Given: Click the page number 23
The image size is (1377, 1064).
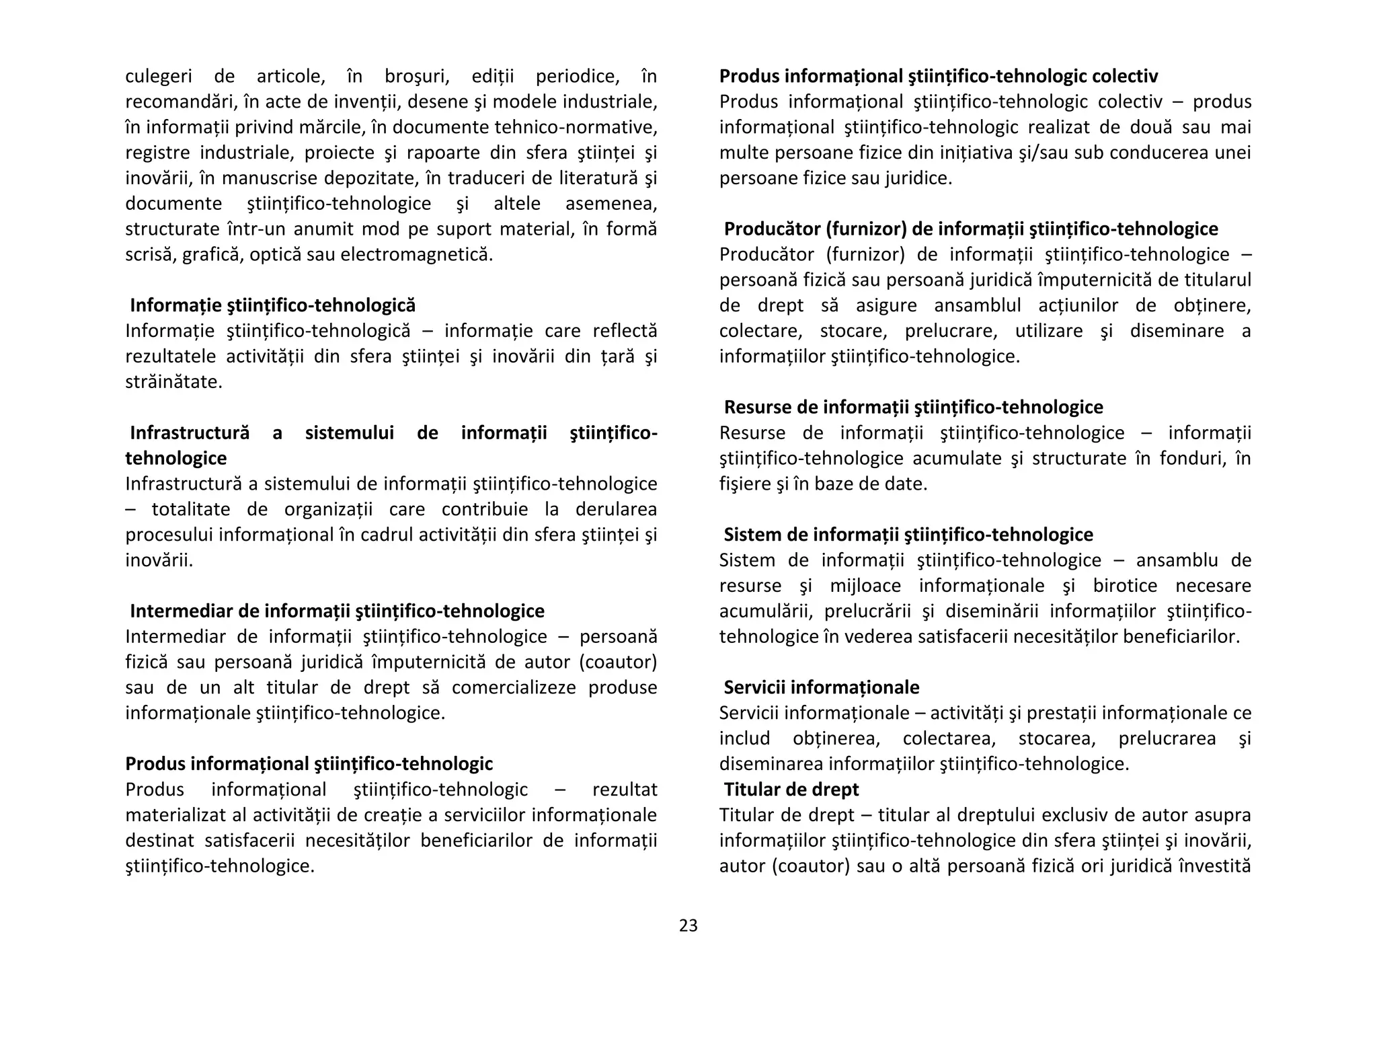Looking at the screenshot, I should pyautogui.click(x=688, y=925).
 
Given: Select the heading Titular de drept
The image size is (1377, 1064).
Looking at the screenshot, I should pyautogui.click(x=791, y=789).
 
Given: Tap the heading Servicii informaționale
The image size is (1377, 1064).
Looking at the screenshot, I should pyautogui.click(x=821, y=687).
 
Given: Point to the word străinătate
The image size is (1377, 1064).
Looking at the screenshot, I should pyautogui.click(x=173, y=381).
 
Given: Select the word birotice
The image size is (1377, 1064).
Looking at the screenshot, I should pyautogui.click(x=1125, y=585).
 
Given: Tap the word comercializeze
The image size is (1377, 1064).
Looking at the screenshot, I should pyautogui.click(x=514, y=687).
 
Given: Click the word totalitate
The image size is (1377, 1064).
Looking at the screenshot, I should pyautogui.click(x=191, y=509).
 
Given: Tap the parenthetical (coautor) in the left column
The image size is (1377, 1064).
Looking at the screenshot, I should pyautogui.click(x=618, y=662).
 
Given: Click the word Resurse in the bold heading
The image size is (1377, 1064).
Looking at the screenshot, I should pyautogui.click(x=756, y=407).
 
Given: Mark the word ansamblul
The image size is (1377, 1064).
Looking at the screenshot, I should pyautogui.click(x=977, y=305).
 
